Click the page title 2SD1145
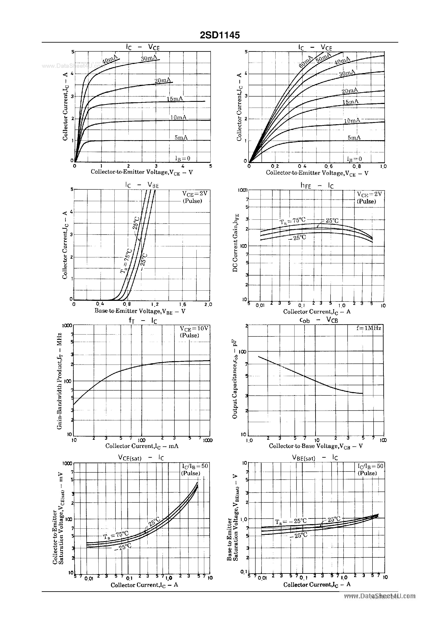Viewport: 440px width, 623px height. coord(220,35)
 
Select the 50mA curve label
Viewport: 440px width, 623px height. coord(323,58)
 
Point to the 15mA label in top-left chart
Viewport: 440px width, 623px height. coord(175,99)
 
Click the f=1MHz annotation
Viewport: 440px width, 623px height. coord(369,328)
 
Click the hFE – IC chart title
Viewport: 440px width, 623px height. coord(317,186)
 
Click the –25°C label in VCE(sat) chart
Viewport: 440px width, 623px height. coord(123,547)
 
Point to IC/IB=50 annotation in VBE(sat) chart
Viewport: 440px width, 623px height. coord(370,466)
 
